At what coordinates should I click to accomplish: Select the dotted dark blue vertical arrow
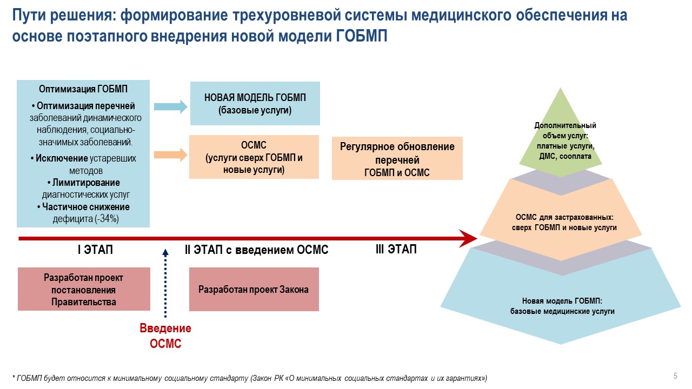pyautogui.click(x=165, y=284)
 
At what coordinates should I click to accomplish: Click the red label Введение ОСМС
pyautogui.click(x=165, y=336)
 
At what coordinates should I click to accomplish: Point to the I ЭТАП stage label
pyautogui.click(x=95, y=250)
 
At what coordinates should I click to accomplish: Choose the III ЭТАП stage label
pyautogui.click(x=396, y=249)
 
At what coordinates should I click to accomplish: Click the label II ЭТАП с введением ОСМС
pyautogui.click(x=257, y=250)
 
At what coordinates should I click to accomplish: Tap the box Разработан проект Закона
pyautogui.click(x=254, y=289)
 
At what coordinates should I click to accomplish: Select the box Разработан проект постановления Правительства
pyautogui.click(x=83, y=289)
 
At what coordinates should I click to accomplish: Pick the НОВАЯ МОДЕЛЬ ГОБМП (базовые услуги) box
pyautogui.click(x=255, y=103)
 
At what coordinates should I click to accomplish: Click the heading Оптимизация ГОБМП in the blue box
pyautogui.click(x=83, y=89)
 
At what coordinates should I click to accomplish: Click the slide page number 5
pyautogui.click(x=675, y=376)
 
